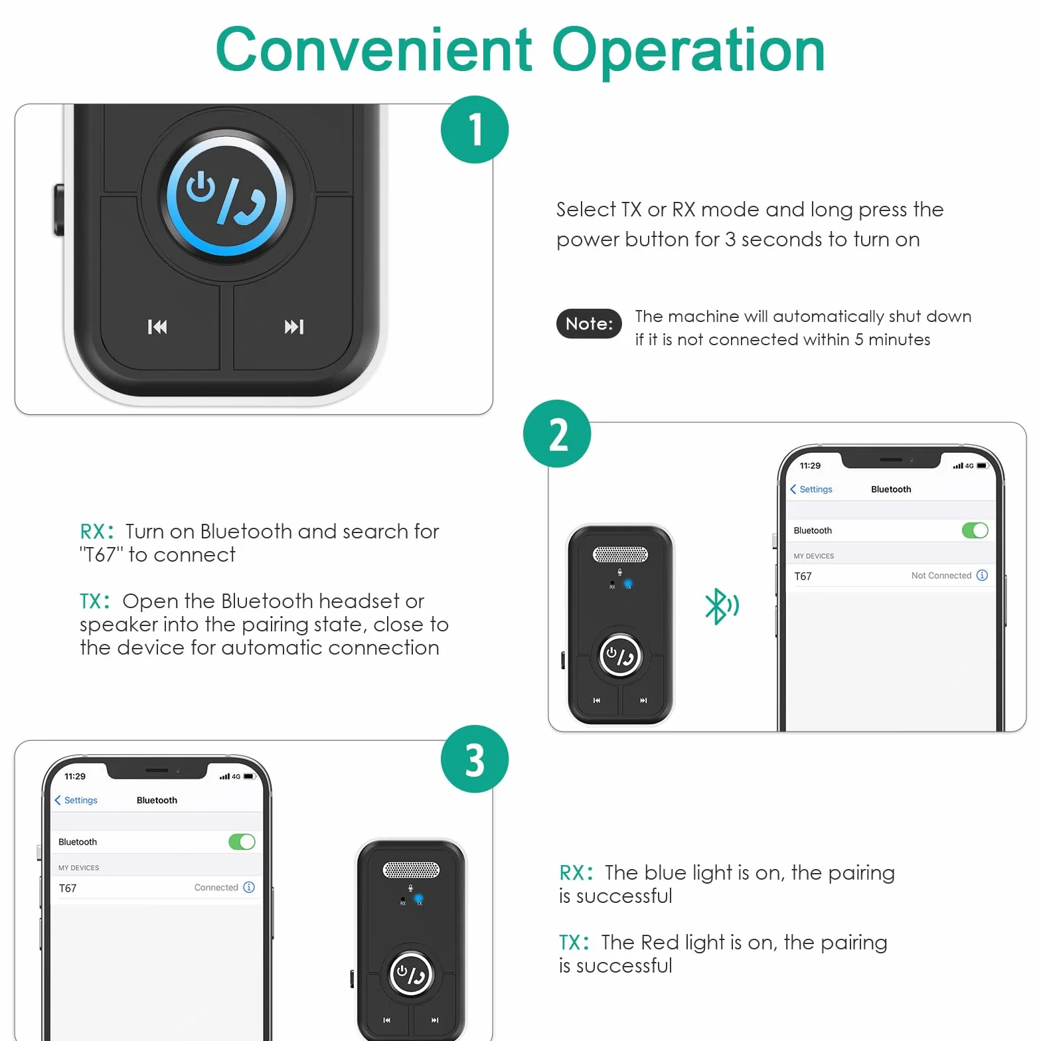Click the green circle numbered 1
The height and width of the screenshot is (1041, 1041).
coord(475,129)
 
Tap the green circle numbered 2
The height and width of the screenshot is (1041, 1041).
coord(557,434)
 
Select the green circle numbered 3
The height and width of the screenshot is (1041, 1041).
coord(475,759)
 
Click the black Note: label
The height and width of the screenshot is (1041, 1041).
coord(589,323)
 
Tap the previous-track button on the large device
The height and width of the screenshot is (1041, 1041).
coord(157,327)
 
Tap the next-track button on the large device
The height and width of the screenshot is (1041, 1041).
coord(294,327)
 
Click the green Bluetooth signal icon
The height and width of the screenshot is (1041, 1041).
coord(722,606)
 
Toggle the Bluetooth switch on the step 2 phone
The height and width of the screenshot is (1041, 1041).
coord(975,530)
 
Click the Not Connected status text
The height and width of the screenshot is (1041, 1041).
coord(941,576)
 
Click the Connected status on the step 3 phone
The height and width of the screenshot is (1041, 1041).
coord(216,888)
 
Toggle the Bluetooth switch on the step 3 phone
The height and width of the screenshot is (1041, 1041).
coord(242,842)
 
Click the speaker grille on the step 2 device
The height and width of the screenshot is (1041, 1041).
coord(620,554)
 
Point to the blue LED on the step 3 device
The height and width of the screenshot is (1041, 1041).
coord(419,898)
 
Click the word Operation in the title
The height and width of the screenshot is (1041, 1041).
coord(688,51)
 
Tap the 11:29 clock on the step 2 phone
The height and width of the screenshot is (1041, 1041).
coord(810,465)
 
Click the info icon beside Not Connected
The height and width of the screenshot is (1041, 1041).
coord(983,576)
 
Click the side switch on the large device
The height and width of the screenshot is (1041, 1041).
coord(58,210)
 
